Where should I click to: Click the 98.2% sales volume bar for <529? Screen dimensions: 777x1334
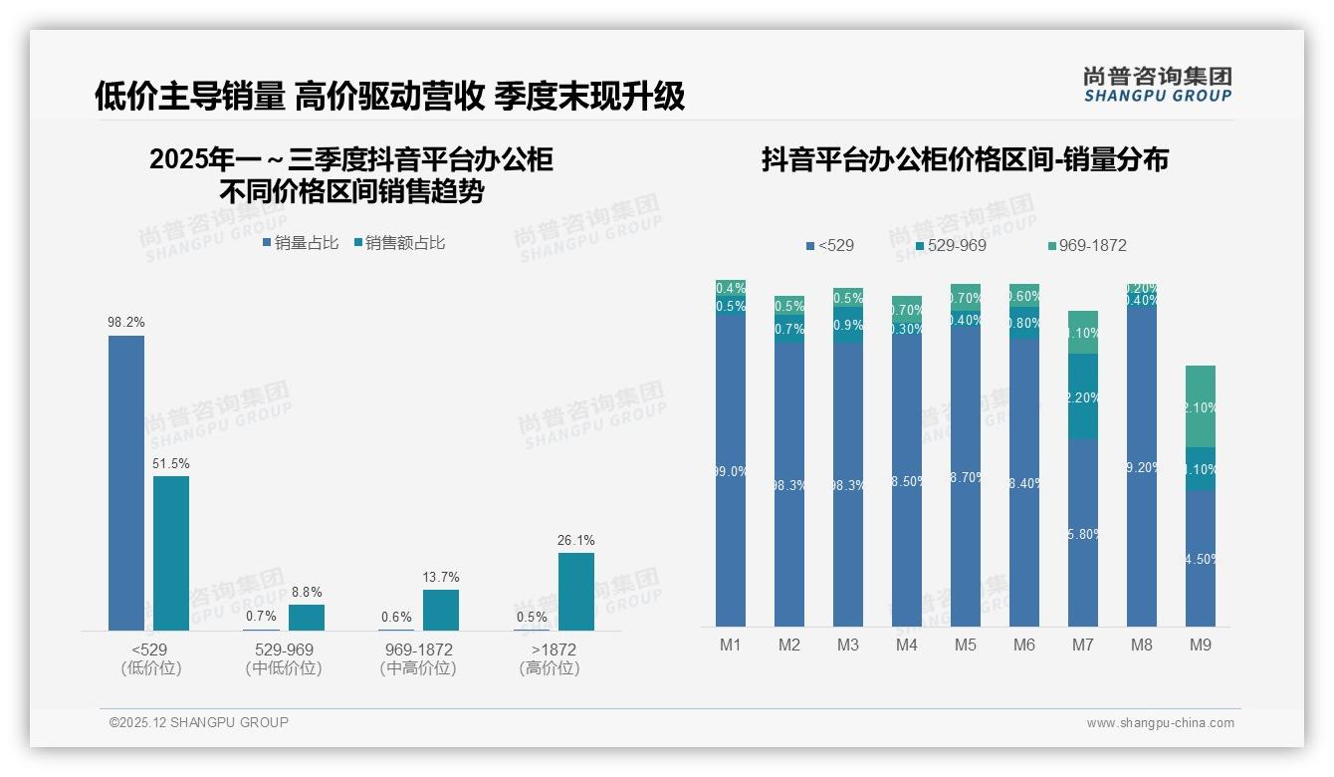[126, 483]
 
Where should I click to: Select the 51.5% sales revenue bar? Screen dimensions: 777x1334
[171, 553]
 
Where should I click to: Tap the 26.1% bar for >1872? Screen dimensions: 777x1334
[575, 592]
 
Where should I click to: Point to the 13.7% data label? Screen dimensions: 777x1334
[440, 578]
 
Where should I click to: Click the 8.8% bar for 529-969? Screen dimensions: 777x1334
[307, 618]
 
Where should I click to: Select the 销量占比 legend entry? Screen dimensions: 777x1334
[301, 243]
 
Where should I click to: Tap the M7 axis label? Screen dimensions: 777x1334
[1083, 646]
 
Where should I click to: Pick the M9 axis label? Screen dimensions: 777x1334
[1200, 646]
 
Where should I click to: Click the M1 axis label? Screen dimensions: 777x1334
[731, 646]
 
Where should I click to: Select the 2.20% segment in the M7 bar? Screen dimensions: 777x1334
[1083, 396]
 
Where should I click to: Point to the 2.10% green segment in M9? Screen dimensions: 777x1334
[1200, 406]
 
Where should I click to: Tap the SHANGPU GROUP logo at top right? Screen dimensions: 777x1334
[1157, 85]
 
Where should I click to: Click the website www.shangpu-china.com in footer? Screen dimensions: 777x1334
[1160, 723]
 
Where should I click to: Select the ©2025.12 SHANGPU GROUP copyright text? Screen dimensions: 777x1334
[199, 723]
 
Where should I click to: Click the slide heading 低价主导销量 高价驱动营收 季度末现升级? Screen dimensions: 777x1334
[389, 97]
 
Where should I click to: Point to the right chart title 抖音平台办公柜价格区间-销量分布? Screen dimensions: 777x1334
[965, 160]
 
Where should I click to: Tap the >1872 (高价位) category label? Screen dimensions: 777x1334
[549, 659]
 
